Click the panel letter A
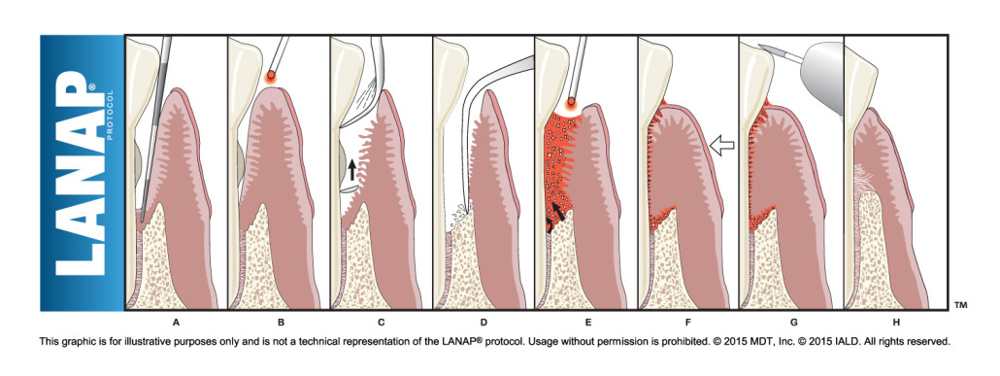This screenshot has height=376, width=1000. click(x=176, y=321)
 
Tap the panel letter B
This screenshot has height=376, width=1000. click(x=279, y=321)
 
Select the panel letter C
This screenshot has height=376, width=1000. click(x=382, y=321)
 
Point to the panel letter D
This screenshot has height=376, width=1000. click(x=484, y=321)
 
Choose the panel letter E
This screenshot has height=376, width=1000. click(x=586, y=321)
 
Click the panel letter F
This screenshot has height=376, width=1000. click(x=688, y=321)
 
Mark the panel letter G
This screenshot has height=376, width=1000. click(x=791, y=321)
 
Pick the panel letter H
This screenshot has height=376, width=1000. click(x=894, y=321)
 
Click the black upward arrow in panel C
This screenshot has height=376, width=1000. click(x=351, y=171)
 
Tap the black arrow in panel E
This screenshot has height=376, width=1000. click(x=556, y=211)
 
